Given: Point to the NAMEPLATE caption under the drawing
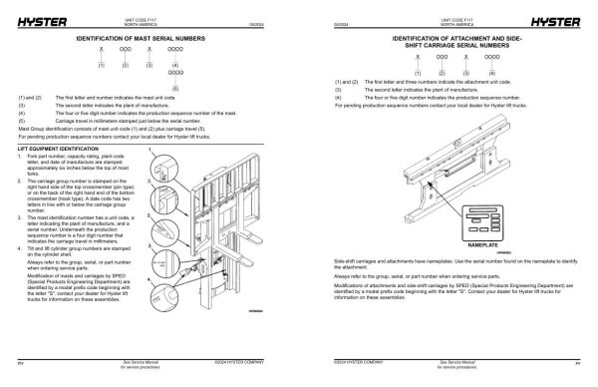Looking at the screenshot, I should pyautogui.click(x=481, y=242).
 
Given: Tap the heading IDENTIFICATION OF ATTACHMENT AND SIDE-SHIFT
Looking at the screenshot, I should pyautogui.click(x=448, y=40).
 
